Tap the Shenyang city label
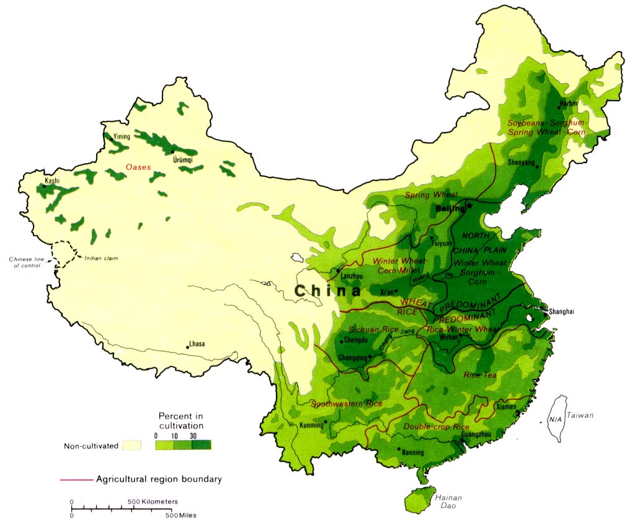click(x=522, y=163)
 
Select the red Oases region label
click(x=138, y=167)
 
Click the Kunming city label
click(x=311, y=426)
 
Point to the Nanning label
click(x=413, y=452)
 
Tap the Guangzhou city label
click(x=477, y=435)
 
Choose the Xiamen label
click(x=507, y=408)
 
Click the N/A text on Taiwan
click(x=555, y=419)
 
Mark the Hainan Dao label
click(x=448, y=502)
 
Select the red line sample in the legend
click(x=76, y=479)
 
